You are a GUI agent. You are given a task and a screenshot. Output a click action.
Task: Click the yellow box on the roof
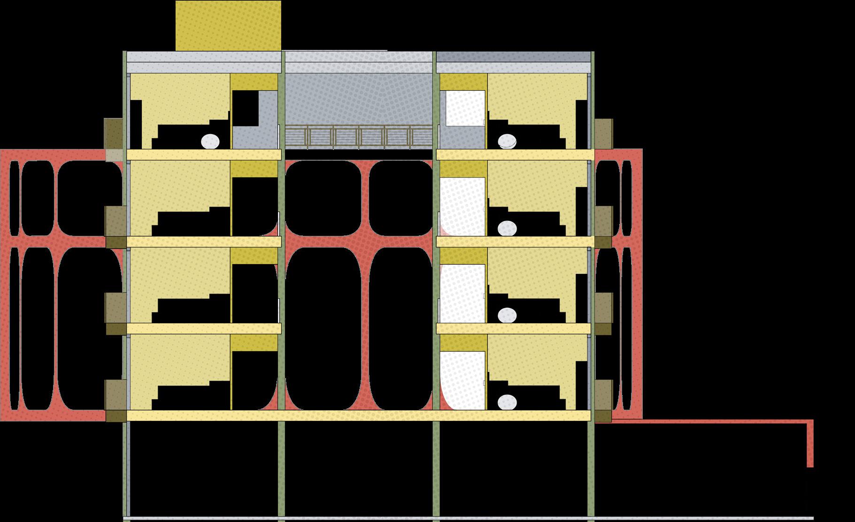coord(228,25)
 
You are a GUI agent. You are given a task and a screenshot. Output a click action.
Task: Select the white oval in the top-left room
coord(210,141)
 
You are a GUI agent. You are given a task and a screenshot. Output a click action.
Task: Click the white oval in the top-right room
coord(508,141)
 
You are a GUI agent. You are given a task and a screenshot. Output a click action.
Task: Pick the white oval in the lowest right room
coord(507,402)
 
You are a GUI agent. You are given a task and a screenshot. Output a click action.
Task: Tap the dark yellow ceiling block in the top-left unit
coord(254,81)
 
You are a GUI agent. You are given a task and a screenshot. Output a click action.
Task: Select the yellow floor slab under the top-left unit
coord(204,155)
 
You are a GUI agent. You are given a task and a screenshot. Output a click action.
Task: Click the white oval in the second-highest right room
coord(507,228)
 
